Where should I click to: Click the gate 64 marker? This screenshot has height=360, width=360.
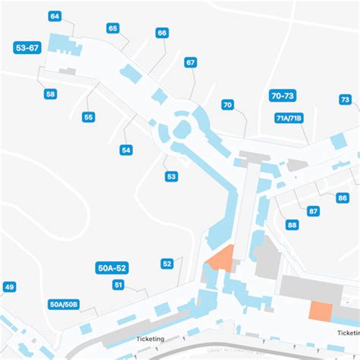click(55, 16)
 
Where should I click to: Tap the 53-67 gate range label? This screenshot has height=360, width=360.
click(27, 48)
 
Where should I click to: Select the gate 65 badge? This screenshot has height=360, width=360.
click(113, 28)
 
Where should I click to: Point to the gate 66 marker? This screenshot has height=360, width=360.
click(162, 33)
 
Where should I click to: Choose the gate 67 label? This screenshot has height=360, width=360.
click(190, 62)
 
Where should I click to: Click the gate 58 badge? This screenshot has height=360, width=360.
click(50, 94)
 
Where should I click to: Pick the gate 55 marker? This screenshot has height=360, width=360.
click(89, 117)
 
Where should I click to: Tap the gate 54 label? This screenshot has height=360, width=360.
click(126, 150)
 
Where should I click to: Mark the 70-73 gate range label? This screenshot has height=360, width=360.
click(282, 96)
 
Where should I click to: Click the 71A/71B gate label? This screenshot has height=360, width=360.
click(289, 118)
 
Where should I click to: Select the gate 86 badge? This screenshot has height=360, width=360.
click(343, 197)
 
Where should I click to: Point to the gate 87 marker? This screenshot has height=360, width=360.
click(313, 211)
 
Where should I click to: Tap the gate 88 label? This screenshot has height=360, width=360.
click(292, 225)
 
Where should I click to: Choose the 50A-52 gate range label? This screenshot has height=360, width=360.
click(112, 267)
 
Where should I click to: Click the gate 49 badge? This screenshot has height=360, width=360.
click(9, 287)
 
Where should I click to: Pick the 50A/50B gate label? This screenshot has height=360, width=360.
click(64, 305)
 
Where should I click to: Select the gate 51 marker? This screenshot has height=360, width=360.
click(118, 285)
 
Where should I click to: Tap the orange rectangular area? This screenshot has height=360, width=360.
click(320, 311)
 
